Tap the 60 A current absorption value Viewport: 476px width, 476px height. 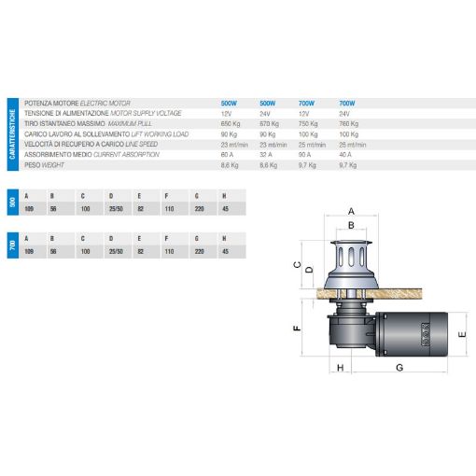click(227, 153)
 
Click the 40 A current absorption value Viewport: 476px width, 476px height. click(346, 153)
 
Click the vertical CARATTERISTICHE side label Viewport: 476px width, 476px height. click(12, 133)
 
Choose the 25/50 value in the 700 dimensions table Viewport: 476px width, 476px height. click(113, 252)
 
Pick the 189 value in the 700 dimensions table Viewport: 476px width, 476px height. click(28, 252)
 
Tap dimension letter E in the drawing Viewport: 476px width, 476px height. click(462, 332)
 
